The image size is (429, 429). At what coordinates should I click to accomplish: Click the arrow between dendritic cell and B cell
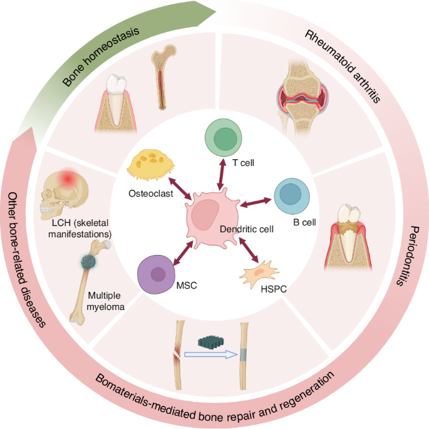click(x=257, y=203)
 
